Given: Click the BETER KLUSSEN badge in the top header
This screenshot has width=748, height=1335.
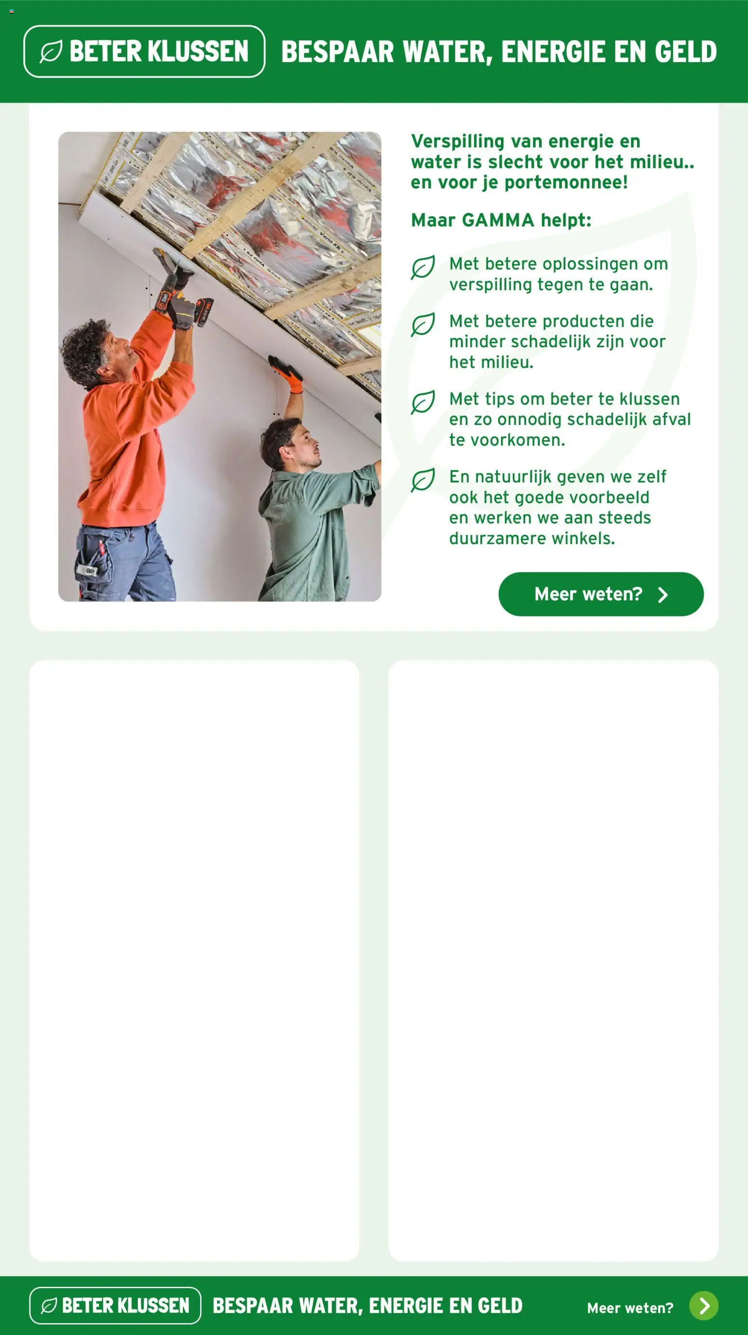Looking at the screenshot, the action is click(144, 51).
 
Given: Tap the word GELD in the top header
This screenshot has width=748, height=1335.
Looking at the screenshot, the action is click(685, 52).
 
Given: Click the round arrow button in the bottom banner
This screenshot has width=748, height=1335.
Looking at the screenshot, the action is click(704, 1306).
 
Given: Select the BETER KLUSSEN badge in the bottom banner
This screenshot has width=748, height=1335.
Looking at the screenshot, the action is click(115, 1306).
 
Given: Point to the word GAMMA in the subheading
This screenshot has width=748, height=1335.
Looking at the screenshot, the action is click(498, 220).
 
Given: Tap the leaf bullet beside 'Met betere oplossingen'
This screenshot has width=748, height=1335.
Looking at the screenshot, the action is click(423, 267).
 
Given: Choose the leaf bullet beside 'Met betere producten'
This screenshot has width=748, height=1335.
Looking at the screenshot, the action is click(423, 325).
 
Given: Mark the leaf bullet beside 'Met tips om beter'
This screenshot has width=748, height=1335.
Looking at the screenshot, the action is click(423, 403).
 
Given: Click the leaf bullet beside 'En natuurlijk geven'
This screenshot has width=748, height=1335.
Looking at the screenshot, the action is click(423, 480).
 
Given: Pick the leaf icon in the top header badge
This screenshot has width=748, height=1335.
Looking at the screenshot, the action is click(51, 51).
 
